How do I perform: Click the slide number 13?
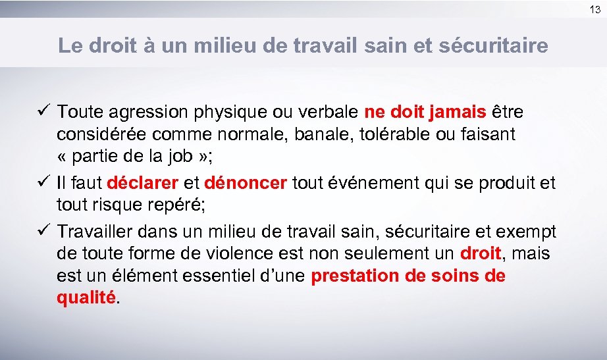coord(595,9)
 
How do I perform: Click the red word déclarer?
coord(142,182)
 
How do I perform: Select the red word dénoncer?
coord(246,182)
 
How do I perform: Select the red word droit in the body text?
coord(481,253)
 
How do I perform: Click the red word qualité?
coord(86,297)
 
